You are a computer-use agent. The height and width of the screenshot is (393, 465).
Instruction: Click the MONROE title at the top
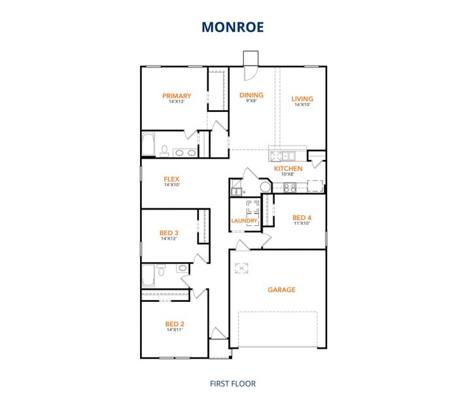(x=232, y=27)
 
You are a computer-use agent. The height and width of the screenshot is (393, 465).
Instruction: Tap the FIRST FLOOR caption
(x=232, y=383)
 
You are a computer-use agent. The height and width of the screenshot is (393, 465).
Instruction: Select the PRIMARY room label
(x=177, y=96)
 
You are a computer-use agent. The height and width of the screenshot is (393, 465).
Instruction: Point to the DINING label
(x=251, y=95)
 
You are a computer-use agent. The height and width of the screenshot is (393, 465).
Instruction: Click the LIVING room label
(x=302, y=99)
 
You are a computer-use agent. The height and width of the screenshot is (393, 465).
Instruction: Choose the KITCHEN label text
(x=288, y=168)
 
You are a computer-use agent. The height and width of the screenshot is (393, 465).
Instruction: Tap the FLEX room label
(x=171, y=179)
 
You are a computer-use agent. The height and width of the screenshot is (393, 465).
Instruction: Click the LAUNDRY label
(x=244, y=221)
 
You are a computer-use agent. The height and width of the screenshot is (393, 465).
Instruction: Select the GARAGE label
(x=282, y=289)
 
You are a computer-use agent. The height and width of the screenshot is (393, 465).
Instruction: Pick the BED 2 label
(x=174, y=324)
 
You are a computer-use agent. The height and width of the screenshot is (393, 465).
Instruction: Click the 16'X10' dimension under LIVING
(x=302, y=105)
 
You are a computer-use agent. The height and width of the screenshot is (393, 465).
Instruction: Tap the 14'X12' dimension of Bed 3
(x=169, y=238)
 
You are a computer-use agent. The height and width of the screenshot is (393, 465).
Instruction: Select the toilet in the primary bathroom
(x=164, y=151)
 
